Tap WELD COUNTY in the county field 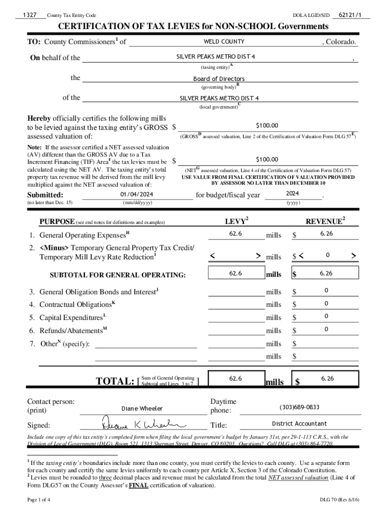223,41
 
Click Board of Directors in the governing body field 219,79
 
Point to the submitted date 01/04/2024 137,194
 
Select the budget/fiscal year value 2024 292,193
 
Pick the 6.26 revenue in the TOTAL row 327,378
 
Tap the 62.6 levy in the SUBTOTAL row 235,273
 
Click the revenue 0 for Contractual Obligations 326,303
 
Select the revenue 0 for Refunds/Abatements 326,329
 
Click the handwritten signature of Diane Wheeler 140,423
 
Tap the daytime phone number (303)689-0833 299,407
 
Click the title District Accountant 299,423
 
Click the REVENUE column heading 325,221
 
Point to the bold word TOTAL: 114,381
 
